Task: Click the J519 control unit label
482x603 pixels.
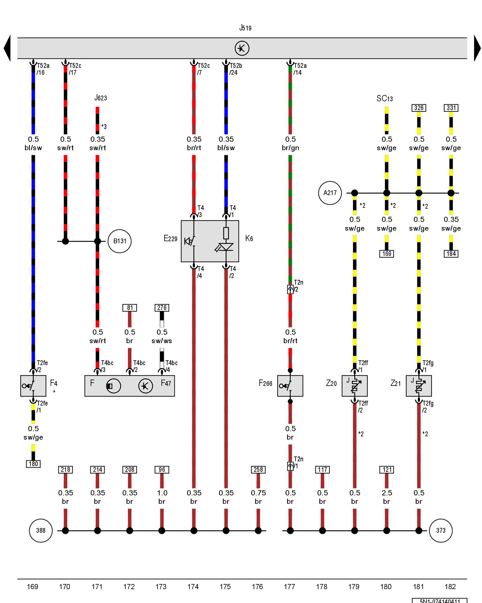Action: (x=245, y=28)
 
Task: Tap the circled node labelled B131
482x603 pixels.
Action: (x=120, y=241)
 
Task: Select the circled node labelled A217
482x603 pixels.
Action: (x=330, y=193)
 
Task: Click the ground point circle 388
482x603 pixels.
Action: (x=41, y=530)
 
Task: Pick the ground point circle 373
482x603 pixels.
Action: (x=441, y=530)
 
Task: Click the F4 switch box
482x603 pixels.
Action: (x=33, y=386)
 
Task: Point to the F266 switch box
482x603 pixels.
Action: (x=290, y=386)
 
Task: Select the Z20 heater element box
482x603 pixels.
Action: (x=355, y=386)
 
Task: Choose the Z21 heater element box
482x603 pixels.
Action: (x=419, y=386)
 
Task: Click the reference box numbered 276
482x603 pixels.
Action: (x=162, y=308)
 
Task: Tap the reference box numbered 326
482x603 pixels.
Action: (x=419, y=108)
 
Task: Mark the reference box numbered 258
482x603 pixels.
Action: (x=258, y=469)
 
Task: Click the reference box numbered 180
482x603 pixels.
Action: (x=33, y=464)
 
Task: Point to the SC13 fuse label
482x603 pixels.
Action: (x=385, y=99)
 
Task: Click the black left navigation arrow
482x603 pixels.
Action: (x=7, y=48)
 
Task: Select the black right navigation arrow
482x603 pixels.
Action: (x=477, y=48)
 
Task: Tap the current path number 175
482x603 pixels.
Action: (x=225, y=586)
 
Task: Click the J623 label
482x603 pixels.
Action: (x=101, y=98)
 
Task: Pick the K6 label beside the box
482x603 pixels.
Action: (x=249, y=238)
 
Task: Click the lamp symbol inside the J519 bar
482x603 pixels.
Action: (x=242, y=48)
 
